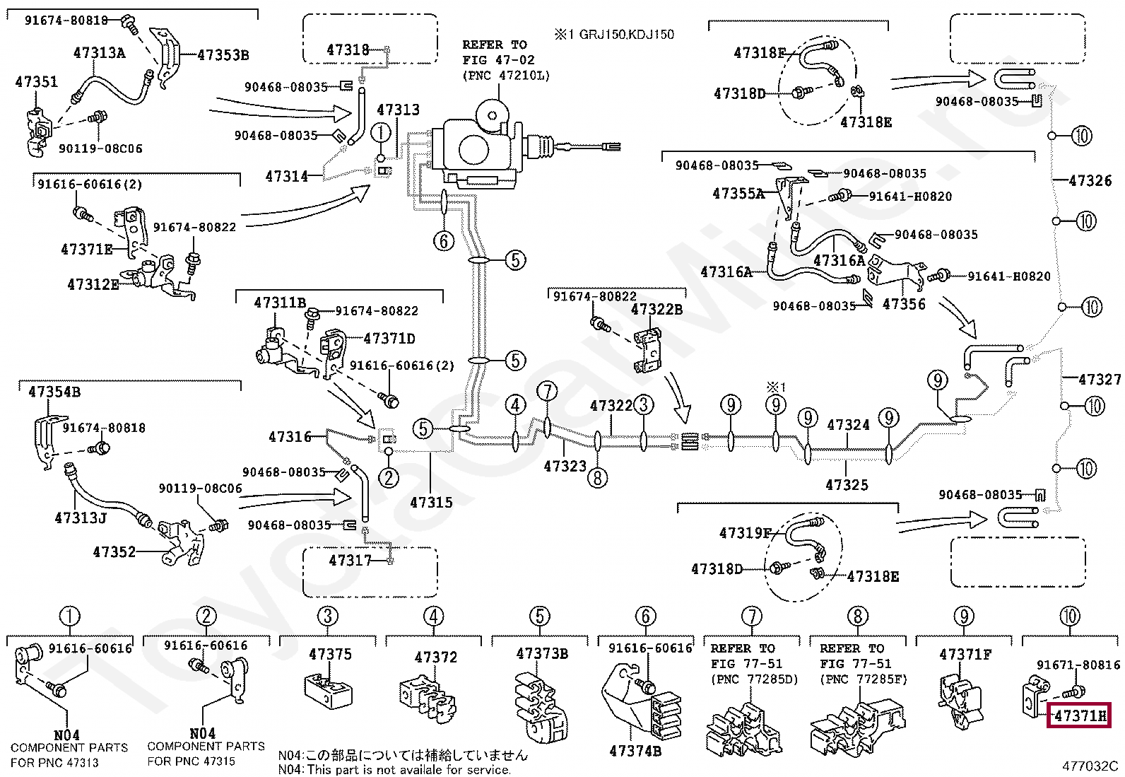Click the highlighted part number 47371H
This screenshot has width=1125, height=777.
(x=1080, y=715)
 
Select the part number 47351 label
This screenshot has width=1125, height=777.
(x=36, y=81)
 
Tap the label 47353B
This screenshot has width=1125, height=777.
(x=223, y=54)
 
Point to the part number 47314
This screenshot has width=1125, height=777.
(x=286, y=176)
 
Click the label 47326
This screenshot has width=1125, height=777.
(x=1090, y=180)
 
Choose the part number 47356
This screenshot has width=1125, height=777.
(x=904, y=303)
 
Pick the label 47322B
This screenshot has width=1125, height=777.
(x=656, y=309)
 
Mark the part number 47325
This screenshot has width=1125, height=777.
(x=847, y=484)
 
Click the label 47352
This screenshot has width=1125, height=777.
(x=114, y=552)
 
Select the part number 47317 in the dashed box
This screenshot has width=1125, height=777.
(x=350, y=560)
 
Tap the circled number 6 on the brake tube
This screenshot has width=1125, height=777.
(x=444, y=241)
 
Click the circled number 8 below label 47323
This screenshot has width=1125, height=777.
(x=597, y=477)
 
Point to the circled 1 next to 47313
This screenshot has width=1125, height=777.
(x=381, y=133)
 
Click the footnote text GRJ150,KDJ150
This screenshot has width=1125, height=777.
(x=626, y=34)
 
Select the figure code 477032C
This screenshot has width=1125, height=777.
(x=1090, y=766)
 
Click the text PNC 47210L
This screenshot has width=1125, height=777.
(x=506, y=76)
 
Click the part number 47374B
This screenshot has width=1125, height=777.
(x=635, y=751)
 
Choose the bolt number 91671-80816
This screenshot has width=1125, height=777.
(x=1078, y=665)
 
